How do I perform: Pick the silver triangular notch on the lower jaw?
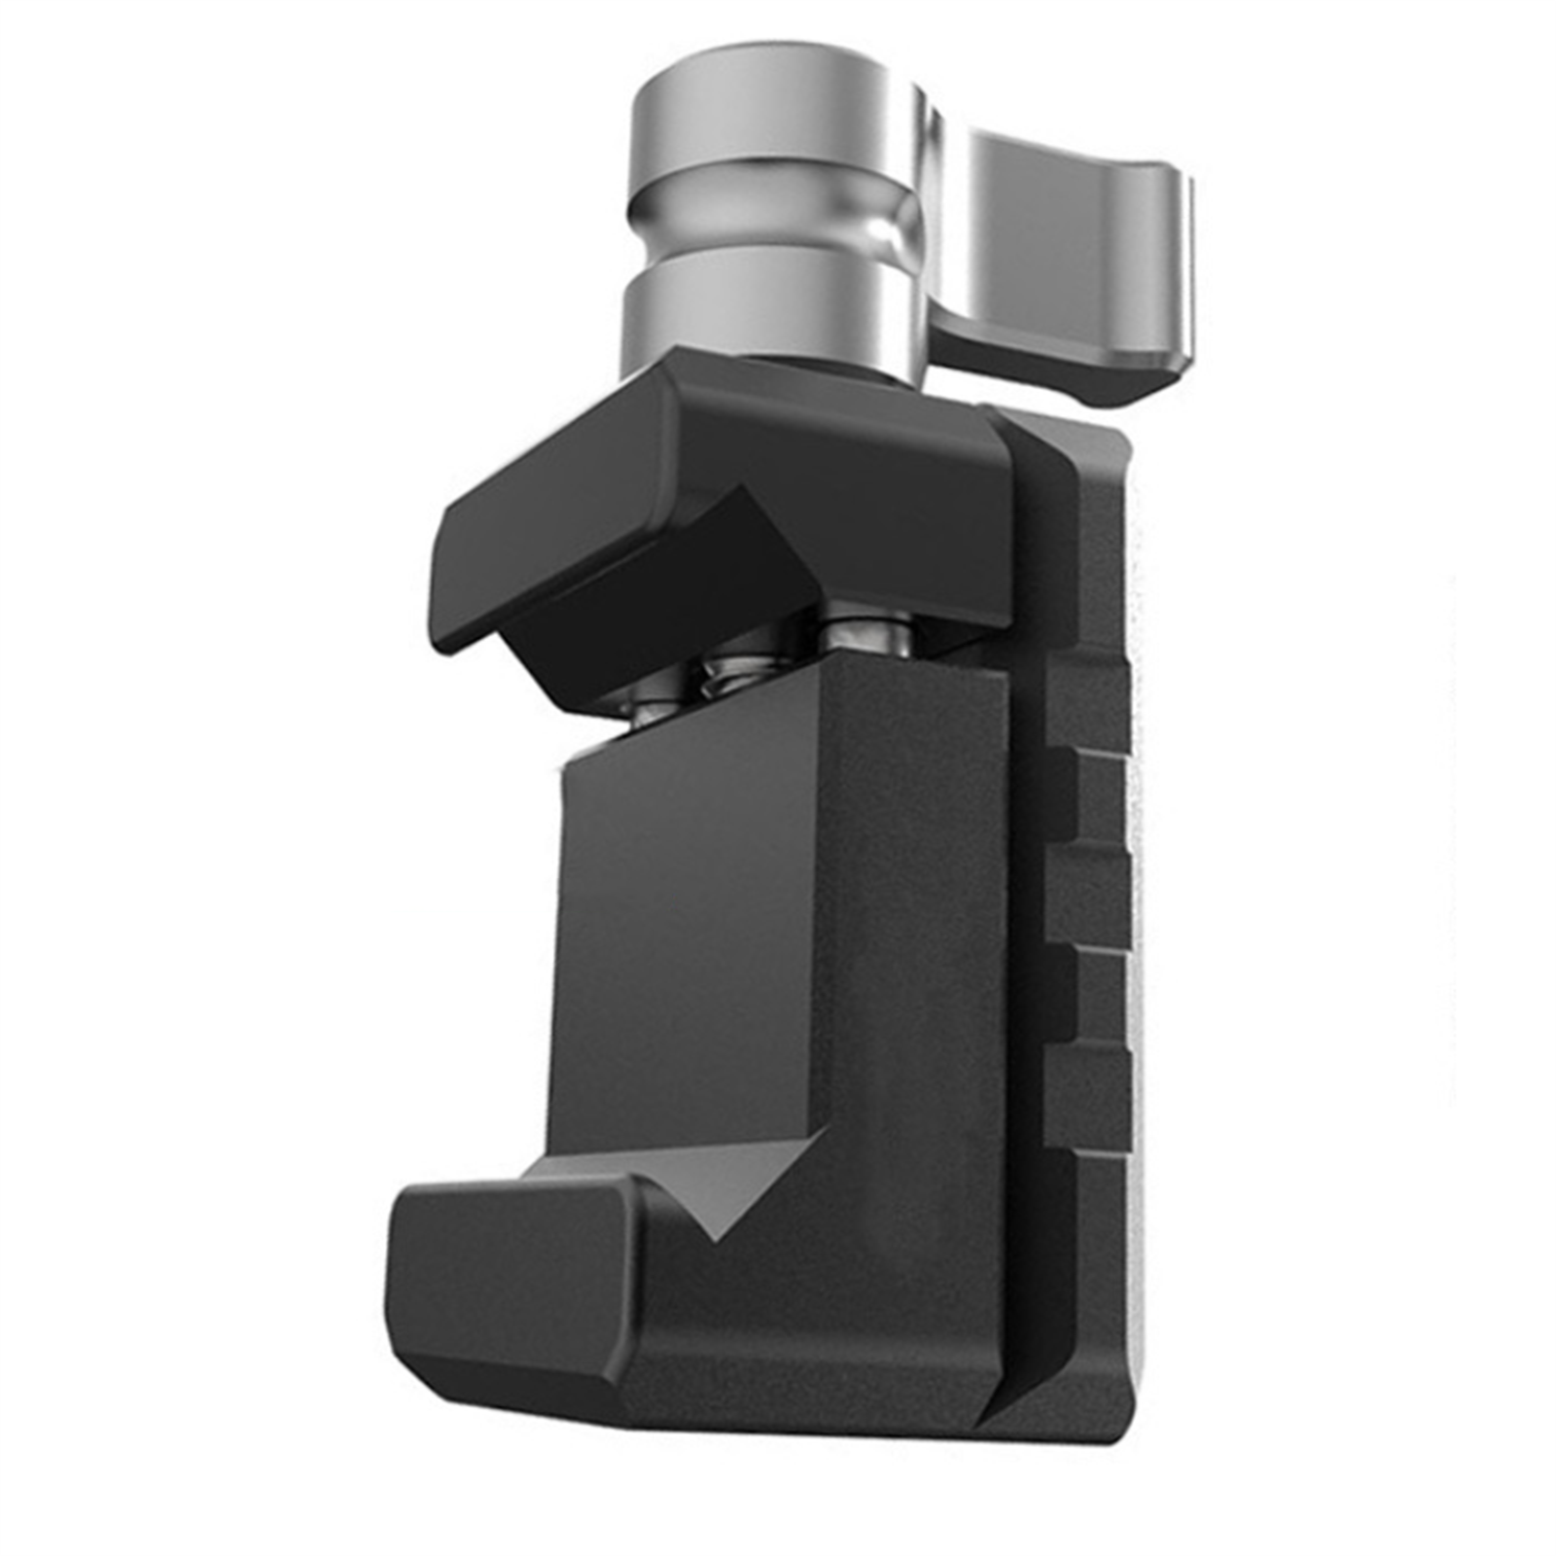(739, 1186)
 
